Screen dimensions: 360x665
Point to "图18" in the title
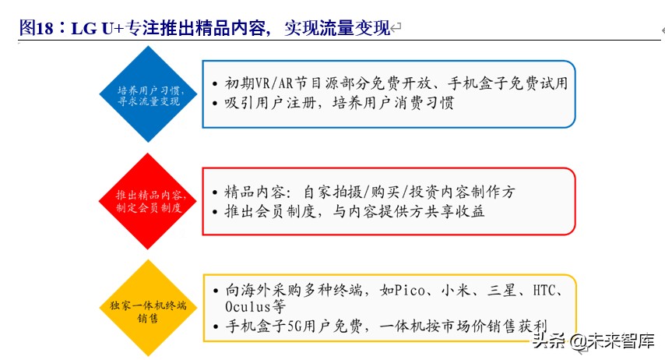[37, 29]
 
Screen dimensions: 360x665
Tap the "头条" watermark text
[550, 341]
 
